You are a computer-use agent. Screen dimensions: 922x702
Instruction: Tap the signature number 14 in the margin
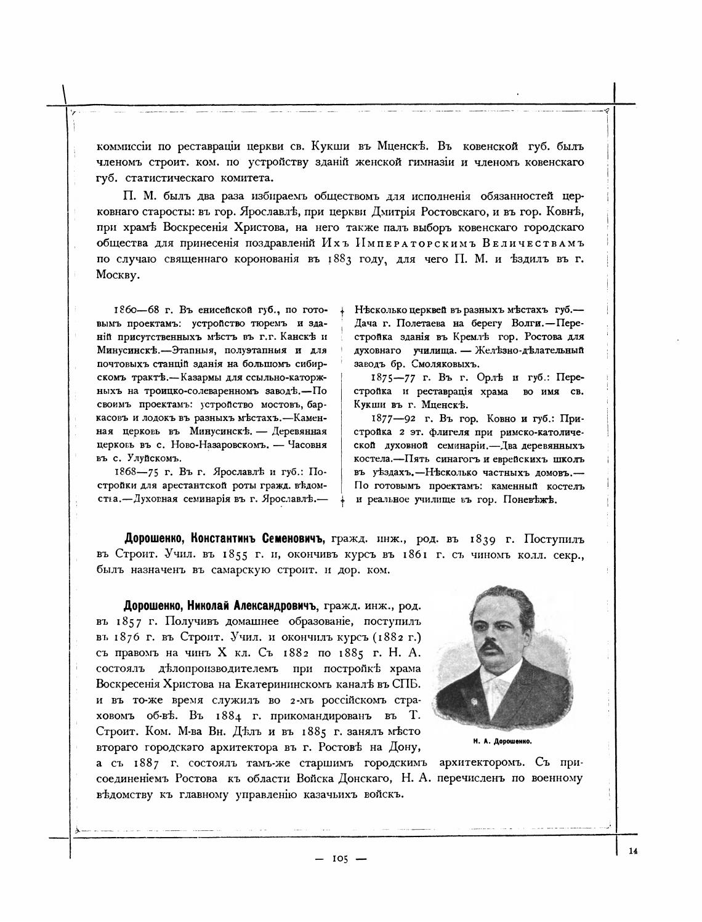click(634, 851)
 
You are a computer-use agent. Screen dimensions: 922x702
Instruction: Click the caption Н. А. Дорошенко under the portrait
click(502, 742)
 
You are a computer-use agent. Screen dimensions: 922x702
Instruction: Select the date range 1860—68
click(135, 309)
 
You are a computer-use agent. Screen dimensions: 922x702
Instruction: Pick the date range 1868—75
click(135, 471)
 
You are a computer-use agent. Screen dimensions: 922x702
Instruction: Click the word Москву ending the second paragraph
click(118, 275)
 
